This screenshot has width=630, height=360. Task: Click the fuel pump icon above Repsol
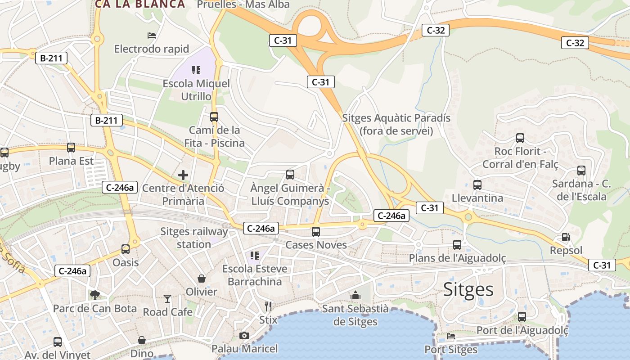pos(566,237)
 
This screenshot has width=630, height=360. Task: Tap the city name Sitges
pos(468,289)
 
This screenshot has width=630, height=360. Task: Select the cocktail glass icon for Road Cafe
pos(167,298)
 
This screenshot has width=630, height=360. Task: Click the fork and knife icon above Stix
pos(268,306)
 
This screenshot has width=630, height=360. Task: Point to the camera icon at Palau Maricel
pos(244,335)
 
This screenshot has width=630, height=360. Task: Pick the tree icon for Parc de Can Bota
pos(94,295)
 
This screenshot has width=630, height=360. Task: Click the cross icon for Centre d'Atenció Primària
pos(183,175)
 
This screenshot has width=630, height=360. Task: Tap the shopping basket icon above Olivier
pos(202,279)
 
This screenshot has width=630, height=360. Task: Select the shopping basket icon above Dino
pos(142,340)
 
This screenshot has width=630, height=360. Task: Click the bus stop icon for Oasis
pos(126,249)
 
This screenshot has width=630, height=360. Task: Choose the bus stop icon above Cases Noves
pos(316,232)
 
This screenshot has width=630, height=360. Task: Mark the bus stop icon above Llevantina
pos(477,184)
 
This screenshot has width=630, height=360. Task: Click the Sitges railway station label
pos(194,238)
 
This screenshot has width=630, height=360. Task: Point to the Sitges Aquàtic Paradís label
pos(396,124)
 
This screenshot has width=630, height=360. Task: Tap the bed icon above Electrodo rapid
pos(152,35)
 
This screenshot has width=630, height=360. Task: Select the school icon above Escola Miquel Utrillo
pos(196,70)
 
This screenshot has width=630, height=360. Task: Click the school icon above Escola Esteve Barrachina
pos(255,256)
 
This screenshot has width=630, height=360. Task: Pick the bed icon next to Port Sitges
pos(451,336)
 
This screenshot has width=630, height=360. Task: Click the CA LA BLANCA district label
pos(140,4)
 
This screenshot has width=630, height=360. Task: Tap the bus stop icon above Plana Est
pos(71,147)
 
